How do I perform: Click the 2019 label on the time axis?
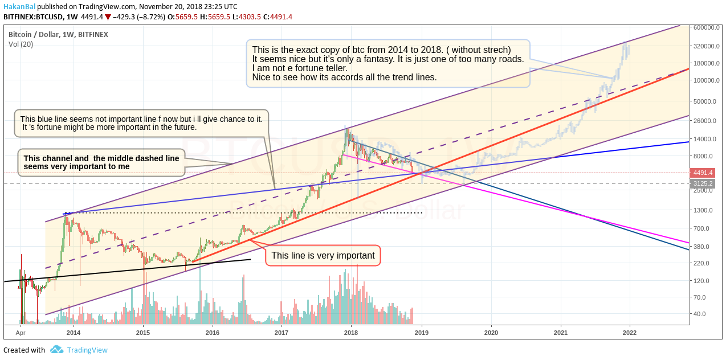(x=421, y=332)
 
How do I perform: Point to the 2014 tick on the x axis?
(x=73, y=332)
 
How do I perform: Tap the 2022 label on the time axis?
(x=630, y=332)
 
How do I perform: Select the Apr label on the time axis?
(x=21, y=332)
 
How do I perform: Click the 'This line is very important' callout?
(x=323, y=256)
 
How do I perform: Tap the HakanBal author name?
(x=19, y=6)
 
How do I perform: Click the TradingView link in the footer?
(x=87, y=350)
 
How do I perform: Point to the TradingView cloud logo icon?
(x=56, y=350)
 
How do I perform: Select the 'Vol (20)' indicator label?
(x=21, y=44)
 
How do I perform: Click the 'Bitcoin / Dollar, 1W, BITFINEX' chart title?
(x=58, y=34)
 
